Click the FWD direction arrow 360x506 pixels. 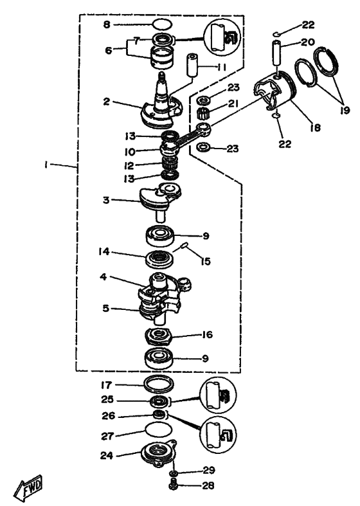(28, 486)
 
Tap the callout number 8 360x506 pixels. (107, 24)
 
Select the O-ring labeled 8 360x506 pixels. (162, 24)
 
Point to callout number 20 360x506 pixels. (307, 42)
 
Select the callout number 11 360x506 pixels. (221, 67)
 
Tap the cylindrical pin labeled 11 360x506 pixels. (192, 66)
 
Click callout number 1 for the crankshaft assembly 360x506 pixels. (46, 165)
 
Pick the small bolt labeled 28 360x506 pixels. (174, 484)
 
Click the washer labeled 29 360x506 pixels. (174, 473)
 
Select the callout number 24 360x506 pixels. (107, 455)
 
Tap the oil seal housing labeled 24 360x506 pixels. (157, 454)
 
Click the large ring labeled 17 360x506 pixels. (159, 384)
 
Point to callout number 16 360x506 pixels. (207, 334)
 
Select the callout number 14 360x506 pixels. (104, 251)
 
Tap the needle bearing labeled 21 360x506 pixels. (203, 113)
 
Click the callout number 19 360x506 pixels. (345, 110)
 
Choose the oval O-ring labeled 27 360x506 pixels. (158, 430)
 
